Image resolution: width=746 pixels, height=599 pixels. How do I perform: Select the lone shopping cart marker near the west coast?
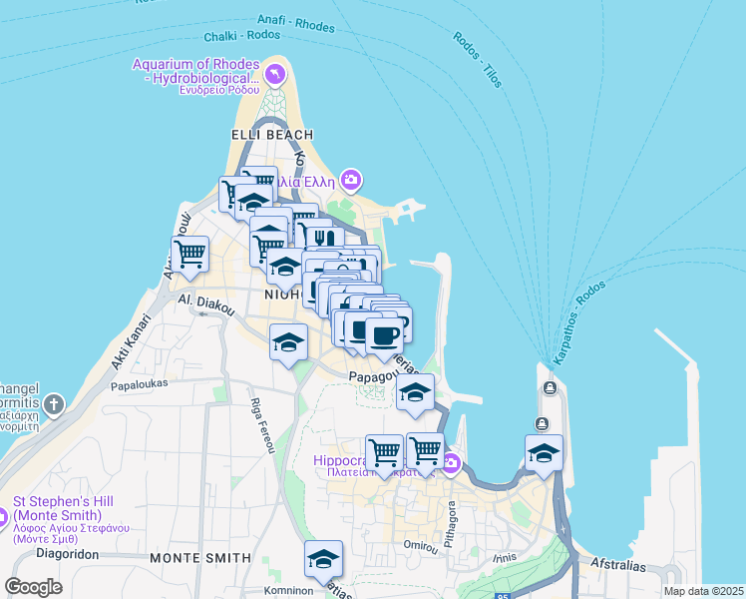189,254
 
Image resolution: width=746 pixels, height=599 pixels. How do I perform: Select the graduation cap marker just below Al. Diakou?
289,343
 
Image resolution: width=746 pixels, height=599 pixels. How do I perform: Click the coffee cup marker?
384,333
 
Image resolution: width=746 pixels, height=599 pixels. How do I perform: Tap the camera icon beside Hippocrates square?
451,462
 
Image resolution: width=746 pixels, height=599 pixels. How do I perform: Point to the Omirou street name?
420,545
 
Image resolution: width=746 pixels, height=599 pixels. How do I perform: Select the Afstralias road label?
617,566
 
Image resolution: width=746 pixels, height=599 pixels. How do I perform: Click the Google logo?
34,586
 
